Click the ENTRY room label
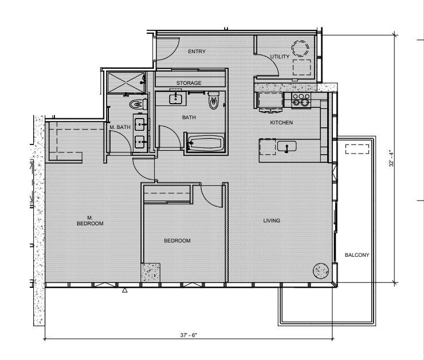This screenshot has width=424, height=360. tap(197, 52)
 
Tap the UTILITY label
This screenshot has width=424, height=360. tap(280, 57)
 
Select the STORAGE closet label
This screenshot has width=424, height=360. tap(189, 83)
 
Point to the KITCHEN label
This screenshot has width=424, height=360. tap(281, 123)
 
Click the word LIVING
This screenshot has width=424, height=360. tap(272, 221)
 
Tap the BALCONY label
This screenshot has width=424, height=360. tap(357, 255)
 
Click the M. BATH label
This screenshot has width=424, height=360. tap(120, 127)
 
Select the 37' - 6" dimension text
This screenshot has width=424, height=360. tap(189, 335)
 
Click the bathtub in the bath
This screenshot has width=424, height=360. tap(206, 143)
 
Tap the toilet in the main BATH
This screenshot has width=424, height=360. tap(214, 100)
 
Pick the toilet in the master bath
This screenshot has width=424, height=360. tap(138, 104)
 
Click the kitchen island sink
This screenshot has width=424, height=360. tap(286, 147)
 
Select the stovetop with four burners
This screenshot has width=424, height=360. tap(301, 99)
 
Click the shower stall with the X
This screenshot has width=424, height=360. tap(125, 82)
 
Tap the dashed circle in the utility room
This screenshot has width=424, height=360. tap(300, 48)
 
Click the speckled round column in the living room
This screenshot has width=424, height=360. tap(321, 271)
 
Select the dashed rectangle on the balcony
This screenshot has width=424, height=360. tap(357, 149)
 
